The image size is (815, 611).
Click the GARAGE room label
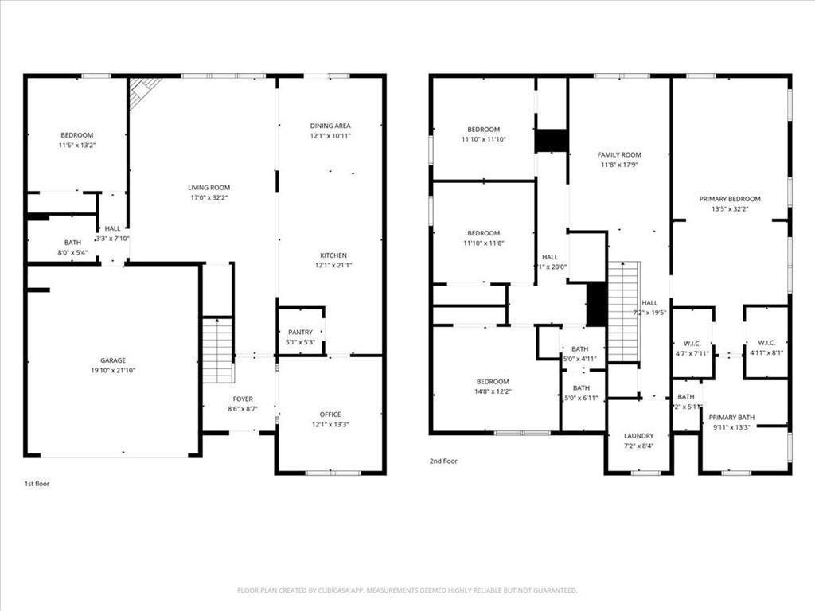113,360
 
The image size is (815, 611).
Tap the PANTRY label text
300,332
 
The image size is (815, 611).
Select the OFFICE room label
330,414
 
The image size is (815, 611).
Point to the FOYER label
243,399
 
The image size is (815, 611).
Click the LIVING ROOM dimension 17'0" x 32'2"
209,198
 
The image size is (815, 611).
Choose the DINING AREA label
330,126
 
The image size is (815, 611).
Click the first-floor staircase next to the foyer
217,349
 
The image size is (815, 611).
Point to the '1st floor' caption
37,483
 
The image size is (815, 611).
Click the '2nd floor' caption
443,461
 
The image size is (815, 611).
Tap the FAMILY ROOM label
619,154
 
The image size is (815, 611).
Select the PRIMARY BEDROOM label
730,199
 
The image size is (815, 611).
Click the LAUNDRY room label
638,436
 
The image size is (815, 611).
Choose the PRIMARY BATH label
731,417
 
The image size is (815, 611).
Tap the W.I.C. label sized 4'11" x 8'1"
767,343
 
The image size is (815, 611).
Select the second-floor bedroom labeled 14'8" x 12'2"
493,382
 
